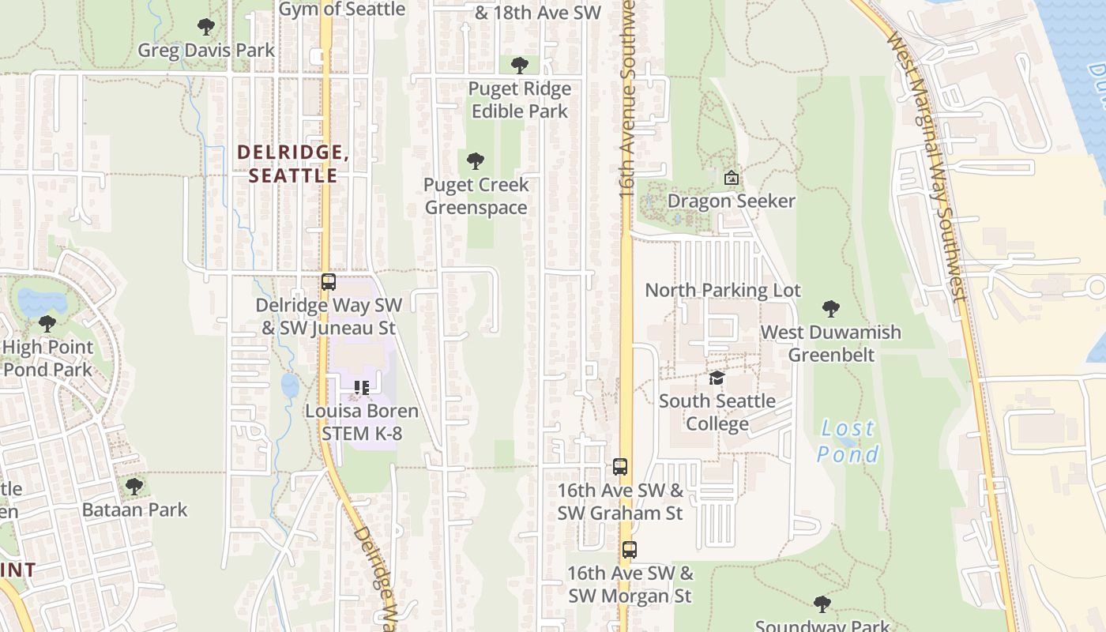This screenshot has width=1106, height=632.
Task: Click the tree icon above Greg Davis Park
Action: coord(206,28)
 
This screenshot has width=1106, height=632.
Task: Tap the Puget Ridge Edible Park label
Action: coord(519,100)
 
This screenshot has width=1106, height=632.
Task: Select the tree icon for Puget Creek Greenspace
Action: coord(476,162)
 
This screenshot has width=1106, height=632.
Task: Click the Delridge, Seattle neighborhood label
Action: coord(293,164)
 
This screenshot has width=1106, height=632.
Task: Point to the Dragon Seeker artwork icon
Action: coord(732,178)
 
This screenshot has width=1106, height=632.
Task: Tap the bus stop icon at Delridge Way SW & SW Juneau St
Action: coord(329,282)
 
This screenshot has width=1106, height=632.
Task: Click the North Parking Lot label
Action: coord(723,290)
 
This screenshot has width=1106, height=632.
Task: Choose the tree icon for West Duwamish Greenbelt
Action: coord(830,309)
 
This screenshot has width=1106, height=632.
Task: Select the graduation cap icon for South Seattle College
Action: coord(717,378)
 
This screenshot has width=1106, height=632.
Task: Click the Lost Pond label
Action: coord(848,441)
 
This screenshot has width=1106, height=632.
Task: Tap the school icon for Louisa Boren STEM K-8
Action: coord(362,388)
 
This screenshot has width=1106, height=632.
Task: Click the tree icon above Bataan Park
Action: coord(134,486)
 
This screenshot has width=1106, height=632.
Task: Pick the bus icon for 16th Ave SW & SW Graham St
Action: coord(620,467)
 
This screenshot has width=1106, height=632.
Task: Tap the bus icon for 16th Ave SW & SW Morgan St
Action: coord(629,550)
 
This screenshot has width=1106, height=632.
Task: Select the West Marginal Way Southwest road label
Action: coord(929,166)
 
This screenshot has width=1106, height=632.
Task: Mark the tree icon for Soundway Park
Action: coord(822,604)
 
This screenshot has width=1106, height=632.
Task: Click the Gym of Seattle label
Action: coord(342,9)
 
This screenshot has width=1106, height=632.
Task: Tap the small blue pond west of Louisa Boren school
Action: coord(290,386)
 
